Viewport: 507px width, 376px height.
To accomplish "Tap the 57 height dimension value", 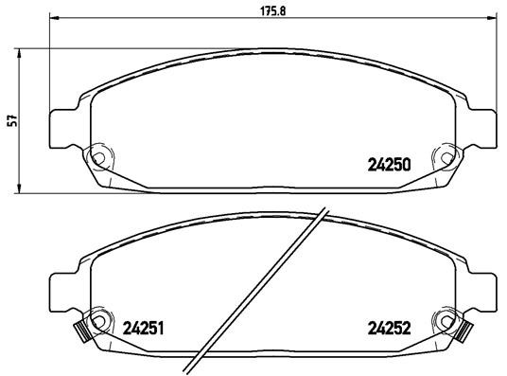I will click(x=11, y=120).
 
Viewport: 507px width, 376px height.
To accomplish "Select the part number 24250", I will click(x=388, y=163).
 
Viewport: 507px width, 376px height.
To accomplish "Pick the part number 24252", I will click(x=388, y=331).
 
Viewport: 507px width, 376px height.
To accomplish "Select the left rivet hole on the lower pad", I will click(x=97, y=319).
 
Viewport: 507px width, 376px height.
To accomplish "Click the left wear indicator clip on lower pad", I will click(x=80, y=331).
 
